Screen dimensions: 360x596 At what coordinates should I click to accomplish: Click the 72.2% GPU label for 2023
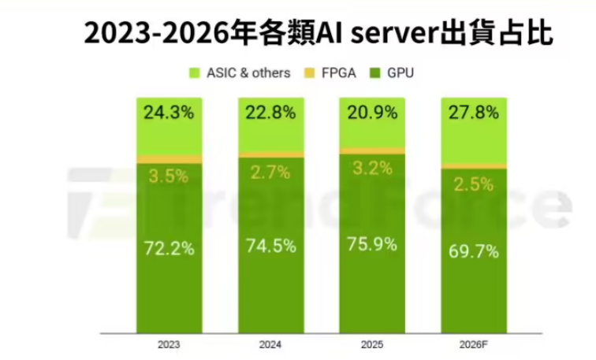click(x=169, y=249)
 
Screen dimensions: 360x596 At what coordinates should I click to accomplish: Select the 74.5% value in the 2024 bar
click(x=270, y=246)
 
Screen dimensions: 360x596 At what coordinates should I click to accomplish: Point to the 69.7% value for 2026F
click(x=473, y=252)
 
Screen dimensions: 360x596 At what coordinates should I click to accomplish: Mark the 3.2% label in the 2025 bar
click(x=372, y=169)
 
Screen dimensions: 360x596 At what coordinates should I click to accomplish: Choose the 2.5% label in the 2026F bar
click(x=474, y=185)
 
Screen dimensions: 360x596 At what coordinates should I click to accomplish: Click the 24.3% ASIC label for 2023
click(x=169, y=113)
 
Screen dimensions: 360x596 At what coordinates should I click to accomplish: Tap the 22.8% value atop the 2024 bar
click(x=270, y=113)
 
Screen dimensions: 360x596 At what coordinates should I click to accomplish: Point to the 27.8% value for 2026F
click(x=473, y=113)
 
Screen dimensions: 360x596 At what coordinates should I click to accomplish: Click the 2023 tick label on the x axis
click(x=168, y=344)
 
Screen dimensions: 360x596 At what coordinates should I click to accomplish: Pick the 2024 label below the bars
click(x=270, y=344)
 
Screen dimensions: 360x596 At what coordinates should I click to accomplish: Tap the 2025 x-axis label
click(x=371, y=344)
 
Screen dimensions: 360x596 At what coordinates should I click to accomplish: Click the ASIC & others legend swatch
click(x=194, y=73)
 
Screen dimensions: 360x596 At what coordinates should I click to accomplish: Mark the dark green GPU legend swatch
click(x=374, y=73)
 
